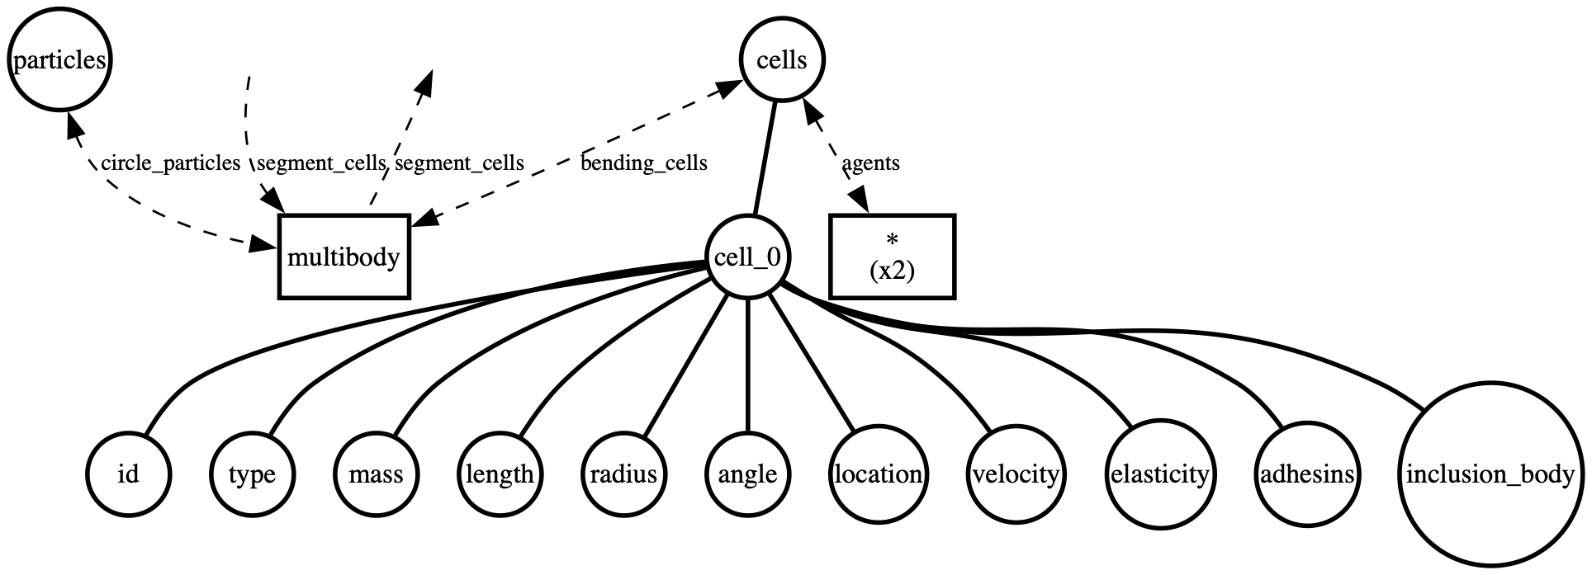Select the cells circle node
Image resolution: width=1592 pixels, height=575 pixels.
point(781,61)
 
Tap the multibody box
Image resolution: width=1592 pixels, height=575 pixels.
point(344,257)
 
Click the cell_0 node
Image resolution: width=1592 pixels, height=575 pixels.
point(746,257)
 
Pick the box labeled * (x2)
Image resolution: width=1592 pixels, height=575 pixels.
point(892,257)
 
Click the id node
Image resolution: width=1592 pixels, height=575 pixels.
point(128,474)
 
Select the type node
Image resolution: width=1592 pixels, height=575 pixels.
point(252,474)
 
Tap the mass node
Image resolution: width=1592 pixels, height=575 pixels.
point(376,474)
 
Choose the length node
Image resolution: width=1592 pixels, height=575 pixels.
point(500,474)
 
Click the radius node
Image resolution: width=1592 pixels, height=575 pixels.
point(623,474)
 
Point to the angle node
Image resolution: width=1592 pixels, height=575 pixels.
point(747,474)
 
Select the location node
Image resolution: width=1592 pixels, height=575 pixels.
point(878,474)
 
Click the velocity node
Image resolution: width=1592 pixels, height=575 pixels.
point(1016,474)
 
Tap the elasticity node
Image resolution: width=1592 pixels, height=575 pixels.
point(1159,474)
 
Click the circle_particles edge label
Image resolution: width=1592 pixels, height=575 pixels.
point(170,163)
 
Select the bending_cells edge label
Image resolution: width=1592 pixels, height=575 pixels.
point(644,163)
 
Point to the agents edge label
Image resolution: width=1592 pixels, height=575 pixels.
point(870,163)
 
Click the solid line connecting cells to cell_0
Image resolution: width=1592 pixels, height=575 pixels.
point(765,157)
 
